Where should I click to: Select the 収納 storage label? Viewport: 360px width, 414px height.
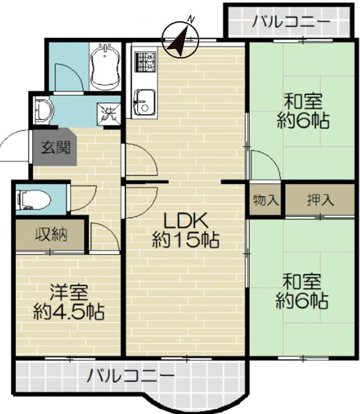coord(50,236)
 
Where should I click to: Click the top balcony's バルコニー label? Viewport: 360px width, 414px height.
coord(291,23)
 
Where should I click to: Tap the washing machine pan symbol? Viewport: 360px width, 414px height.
coord(110,115)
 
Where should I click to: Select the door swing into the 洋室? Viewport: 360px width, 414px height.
coord(102,235)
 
